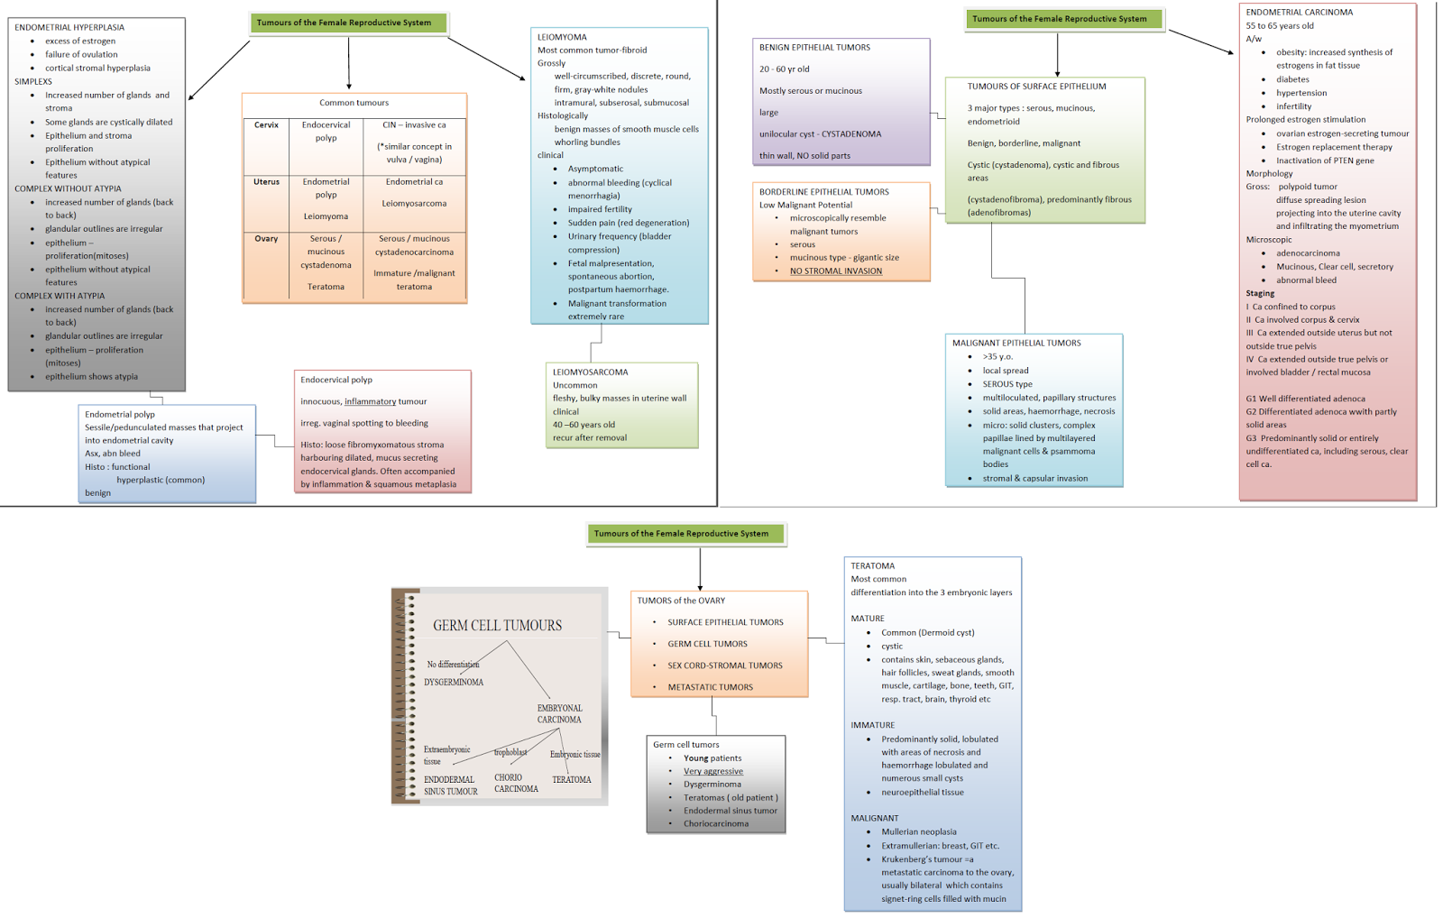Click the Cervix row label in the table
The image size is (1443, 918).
(266, 125)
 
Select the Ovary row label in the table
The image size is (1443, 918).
(266, 239)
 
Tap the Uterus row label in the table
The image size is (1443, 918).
(266, 182)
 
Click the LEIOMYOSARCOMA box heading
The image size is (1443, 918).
(590, 372)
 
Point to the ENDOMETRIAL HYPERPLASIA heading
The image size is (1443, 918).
(69, 27)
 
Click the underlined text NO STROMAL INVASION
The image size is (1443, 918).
(835, 271)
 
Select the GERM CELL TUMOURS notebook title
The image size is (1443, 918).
(497, 625)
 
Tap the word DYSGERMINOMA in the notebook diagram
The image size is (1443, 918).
(453, 682)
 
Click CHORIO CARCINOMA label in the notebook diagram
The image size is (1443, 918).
(515, 783)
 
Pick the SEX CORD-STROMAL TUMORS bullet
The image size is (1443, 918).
(724, 666)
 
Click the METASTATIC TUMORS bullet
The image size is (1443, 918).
(710, 687)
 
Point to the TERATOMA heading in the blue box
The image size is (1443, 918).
(872, 566)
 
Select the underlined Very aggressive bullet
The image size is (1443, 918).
(712, 771)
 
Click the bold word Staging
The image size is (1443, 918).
(1260, 293)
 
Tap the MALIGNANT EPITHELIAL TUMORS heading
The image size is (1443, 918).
(1016, 343)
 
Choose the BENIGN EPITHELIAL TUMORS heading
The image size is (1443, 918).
(814, 48)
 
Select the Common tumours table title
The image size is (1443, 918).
(354, 103)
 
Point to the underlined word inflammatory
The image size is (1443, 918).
(370, 401)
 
